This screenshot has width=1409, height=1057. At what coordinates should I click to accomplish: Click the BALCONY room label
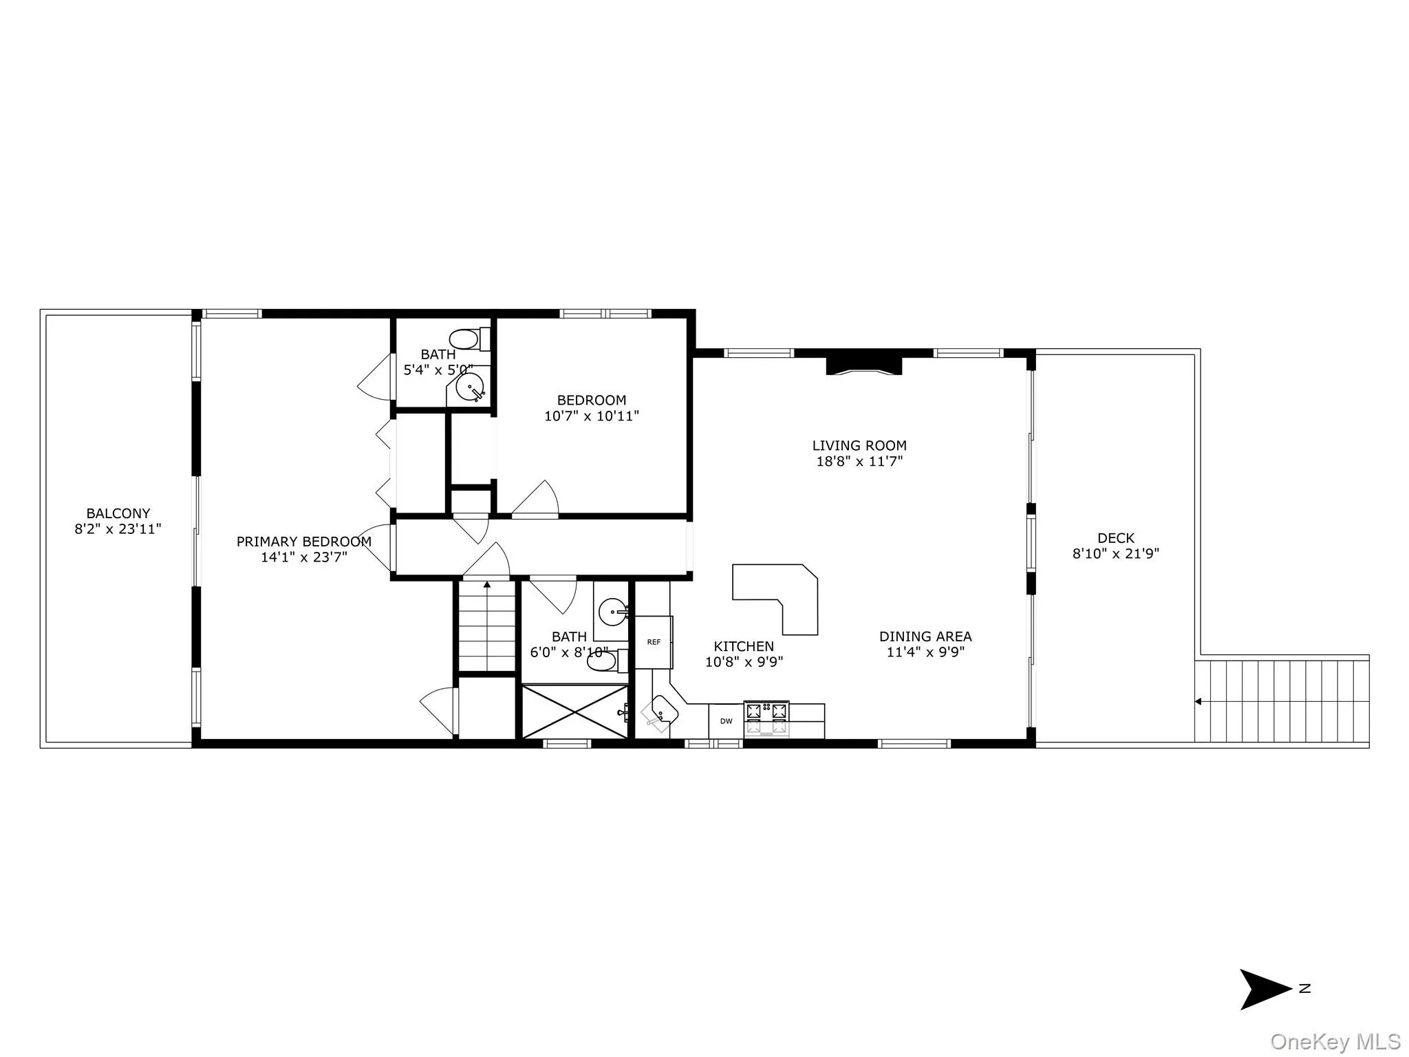point(118,513)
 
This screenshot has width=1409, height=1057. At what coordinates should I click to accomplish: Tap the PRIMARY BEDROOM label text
point(303,542)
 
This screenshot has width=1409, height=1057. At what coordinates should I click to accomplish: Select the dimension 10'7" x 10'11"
point(591,416)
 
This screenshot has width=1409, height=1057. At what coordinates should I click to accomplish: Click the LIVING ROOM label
point(859,446)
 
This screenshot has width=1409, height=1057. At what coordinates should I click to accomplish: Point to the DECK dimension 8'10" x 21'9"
point(1115,553)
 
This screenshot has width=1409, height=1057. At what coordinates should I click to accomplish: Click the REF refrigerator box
point(653,642)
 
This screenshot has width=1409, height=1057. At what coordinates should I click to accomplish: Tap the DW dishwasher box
point(726,721)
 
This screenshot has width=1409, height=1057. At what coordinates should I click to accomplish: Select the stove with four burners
point(766,718)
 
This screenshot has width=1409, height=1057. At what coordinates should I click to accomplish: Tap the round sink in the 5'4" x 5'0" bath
point(471,388)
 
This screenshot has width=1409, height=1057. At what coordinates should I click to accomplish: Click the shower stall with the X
point(574,712)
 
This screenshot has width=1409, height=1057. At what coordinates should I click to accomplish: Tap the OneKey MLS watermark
point(1335,1042)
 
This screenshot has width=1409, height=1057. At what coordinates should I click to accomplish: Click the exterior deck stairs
point(1281,701)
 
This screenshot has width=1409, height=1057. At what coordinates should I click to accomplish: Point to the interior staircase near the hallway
point(487,626)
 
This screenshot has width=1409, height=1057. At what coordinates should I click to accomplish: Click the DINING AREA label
point(925,637)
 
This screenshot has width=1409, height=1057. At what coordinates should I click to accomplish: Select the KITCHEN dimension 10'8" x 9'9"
point(744,663)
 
